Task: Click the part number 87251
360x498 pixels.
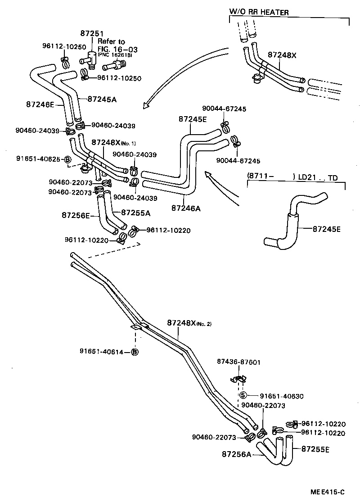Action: tap(92, 33)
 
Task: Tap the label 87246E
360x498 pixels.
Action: tap(40, 104)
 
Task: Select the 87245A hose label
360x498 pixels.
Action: tap(102, 99)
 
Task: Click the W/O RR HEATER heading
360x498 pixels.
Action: tap(259, 12)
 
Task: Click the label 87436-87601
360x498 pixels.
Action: tap(238, 362)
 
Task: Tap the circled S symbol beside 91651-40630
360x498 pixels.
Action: tap(243, 396)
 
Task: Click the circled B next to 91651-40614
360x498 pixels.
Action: tap(134, 352)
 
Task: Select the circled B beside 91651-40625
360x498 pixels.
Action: tap(67, 159)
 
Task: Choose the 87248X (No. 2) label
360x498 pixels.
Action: tap(188, 323)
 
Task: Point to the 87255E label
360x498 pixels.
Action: tap(315, 449)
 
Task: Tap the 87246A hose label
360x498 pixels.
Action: tap(186, 208)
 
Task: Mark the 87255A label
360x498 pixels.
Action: tap(135, 212)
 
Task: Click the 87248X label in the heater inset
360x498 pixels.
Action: tap(282, 54)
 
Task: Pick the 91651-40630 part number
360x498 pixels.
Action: tap(281, 396)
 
